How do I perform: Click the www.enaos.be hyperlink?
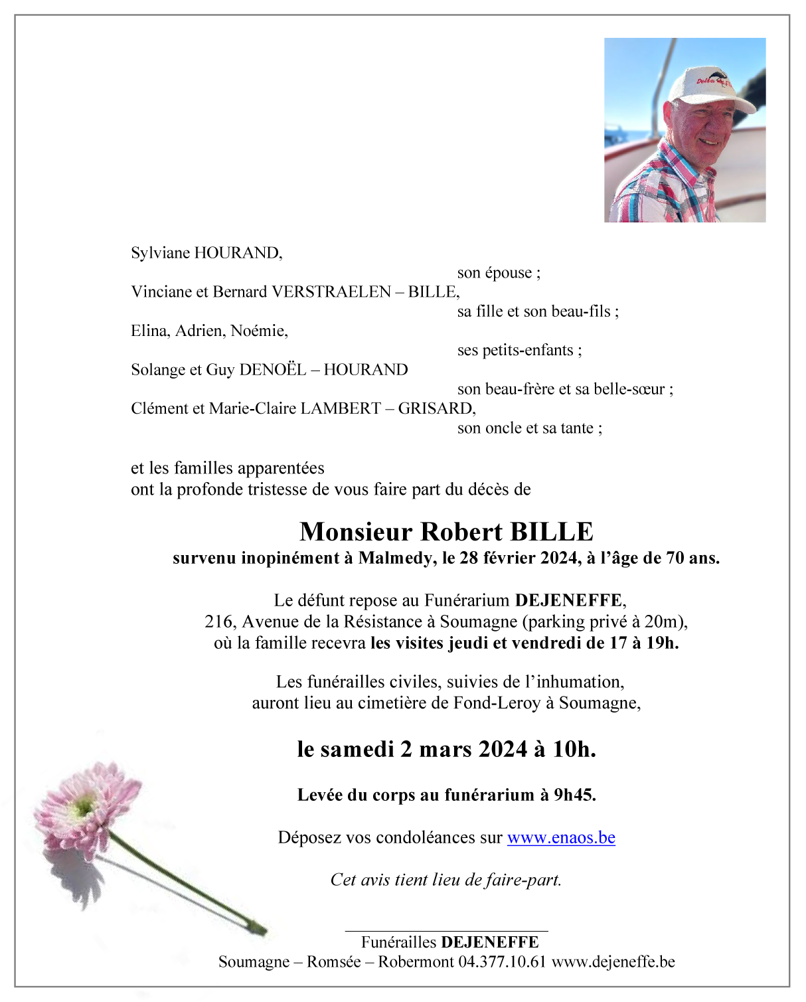click(x=561, y=838)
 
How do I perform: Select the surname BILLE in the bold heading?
click(x=551, y=532)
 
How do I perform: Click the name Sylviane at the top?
click(x=160, y=253)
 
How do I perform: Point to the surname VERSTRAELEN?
click(x=331, y=292)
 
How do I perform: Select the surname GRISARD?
click(x=436, y=408)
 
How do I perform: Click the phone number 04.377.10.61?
click(x=502, y=962)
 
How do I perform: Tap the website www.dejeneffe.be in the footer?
click(x=613, y=962)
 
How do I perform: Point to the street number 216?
click(x=218, y=622)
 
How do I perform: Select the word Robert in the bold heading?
click(x=461, y=532)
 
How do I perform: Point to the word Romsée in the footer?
click(x=333, y=962)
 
